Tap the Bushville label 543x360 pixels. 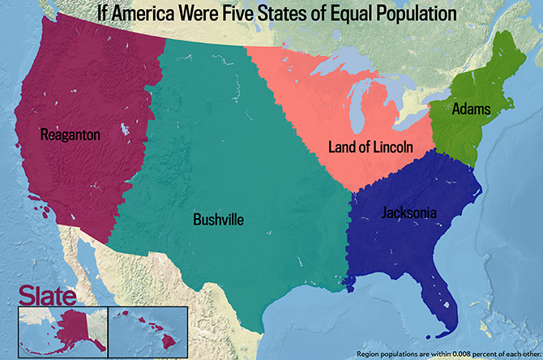[218, 219]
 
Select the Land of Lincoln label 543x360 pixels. [370, 147]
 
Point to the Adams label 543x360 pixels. [471, 108]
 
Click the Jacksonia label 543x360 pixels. [409, 213]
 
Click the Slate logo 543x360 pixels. [49, 294]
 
